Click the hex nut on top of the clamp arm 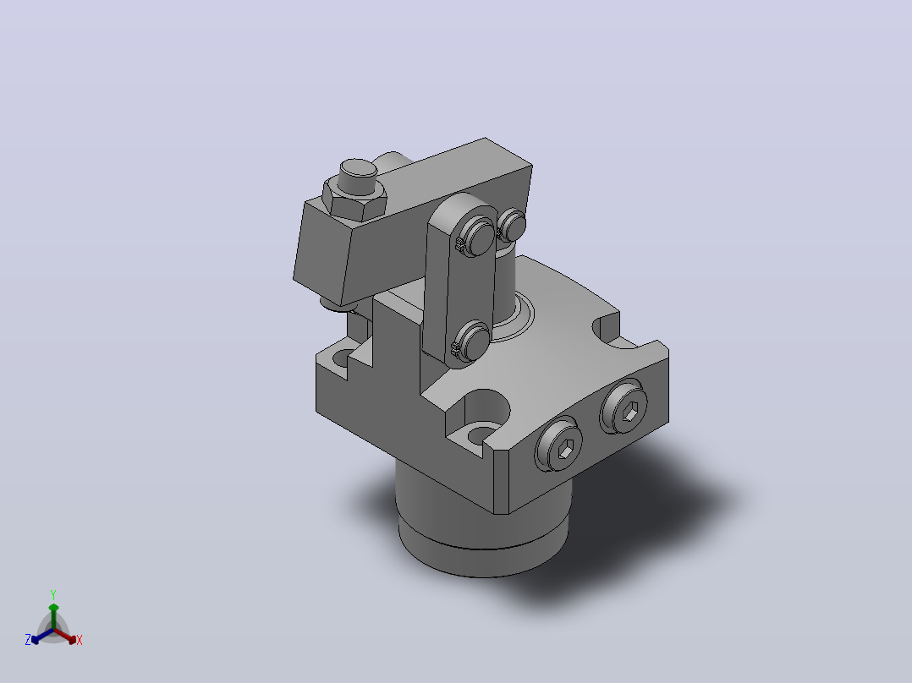354,199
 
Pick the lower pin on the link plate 473,343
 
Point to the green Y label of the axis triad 53,595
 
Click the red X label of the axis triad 80,640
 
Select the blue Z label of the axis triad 28,640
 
